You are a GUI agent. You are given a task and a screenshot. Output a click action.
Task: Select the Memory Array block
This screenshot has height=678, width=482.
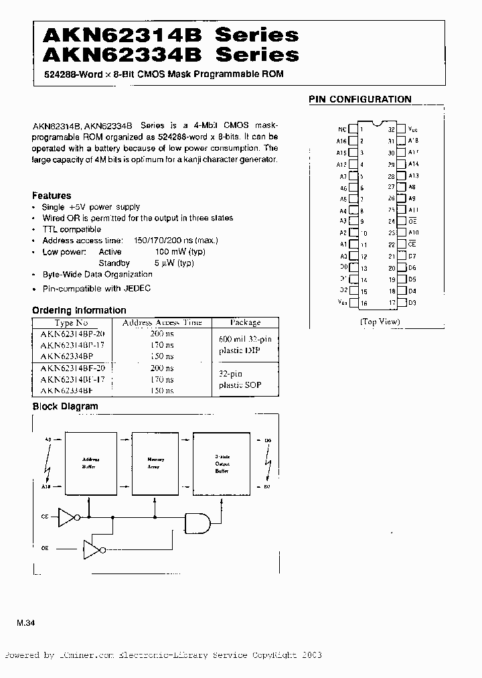tap(155, 462)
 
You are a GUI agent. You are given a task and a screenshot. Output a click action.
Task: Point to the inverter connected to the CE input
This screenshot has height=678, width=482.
tap(68, 517)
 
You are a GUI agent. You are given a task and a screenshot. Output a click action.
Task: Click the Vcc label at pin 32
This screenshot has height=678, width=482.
tap(412, 129)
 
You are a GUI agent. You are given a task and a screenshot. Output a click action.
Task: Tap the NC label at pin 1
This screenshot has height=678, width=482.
tap(342, 129)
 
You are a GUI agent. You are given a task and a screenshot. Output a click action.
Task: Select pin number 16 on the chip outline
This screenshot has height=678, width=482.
tap(364, 303)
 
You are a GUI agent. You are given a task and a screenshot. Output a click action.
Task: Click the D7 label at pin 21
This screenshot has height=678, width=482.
tap(412, 257)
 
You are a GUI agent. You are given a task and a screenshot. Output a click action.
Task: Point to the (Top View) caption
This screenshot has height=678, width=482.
tap(380, 322)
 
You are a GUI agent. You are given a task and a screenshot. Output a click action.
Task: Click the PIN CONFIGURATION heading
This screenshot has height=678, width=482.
tap(359, 99)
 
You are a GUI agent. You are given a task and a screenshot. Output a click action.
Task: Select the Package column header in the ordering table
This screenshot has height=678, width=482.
tap(245, 322)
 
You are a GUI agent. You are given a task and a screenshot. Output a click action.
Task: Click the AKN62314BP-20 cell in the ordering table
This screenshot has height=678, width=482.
tap(77, 333)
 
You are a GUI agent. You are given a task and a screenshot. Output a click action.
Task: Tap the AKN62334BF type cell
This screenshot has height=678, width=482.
tap(66, 390)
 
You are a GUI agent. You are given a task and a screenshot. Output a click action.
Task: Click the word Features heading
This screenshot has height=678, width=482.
tap(52, 196)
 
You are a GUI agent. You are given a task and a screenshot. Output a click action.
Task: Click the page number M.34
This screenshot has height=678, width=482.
tap(25, 623)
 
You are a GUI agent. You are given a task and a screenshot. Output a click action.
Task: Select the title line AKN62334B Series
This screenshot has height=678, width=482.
tap(165, 54)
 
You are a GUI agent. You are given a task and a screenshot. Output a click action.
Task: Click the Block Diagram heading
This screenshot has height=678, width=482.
tap(65, 406)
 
